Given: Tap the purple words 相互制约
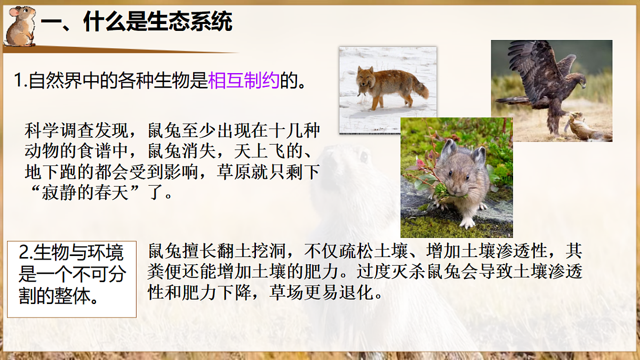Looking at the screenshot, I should point(243,81).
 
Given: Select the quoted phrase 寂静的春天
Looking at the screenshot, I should point(93,193).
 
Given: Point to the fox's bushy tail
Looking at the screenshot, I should point(421,91).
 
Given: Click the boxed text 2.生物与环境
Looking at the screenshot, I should point(71,251).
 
